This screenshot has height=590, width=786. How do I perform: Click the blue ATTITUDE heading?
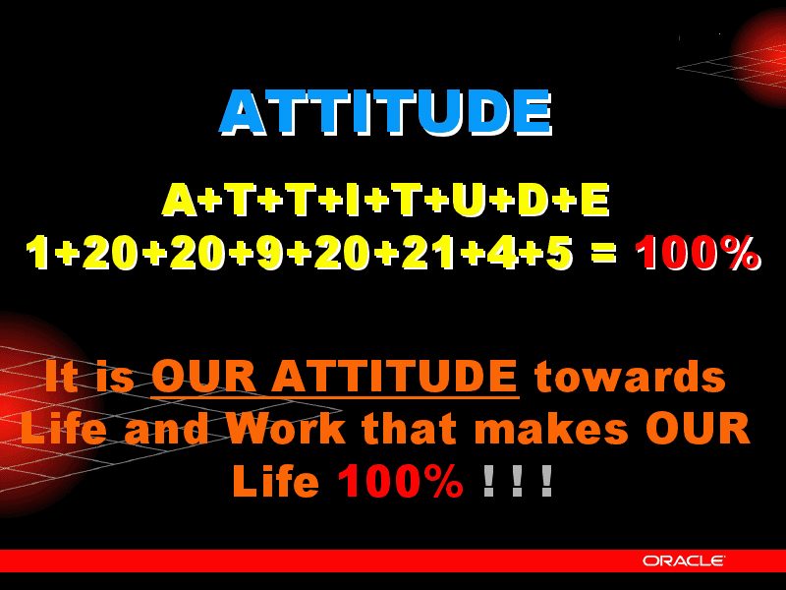pos(385,112)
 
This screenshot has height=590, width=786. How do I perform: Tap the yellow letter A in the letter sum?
pos(179,200)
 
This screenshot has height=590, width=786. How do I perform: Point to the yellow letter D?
pos(534,200)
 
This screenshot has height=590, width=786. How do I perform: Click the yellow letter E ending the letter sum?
pos(595,200)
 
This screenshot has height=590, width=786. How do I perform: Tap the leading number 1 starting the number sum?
pos(38,253)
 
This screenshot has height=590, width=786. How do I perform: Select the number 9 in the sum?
pos(271,253)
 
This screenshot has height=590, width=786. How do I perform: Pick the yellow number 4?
pos(502,253)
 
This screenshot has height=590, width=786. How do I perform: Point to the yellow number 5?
pos(557,253)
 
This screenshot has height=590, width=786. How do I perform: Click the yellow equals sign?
pos(603,252)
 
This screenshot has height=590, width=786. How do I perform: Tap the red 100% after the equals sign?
pos(698,253)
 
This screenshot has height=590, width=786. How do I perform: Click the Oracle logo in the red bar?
pos(684,560)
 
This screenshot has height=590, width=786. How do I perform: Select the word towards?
pos(630,376)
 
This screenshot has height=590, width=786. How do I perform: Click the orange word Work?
pos(286,428)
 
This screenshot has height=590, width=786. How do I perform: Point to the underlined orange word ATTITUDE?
pos(394,376)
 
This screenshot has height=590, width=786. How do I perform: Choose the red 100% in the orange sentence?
pos(401,481)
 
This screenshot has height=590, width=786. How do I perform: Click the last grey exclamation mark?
pos(547,481)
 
